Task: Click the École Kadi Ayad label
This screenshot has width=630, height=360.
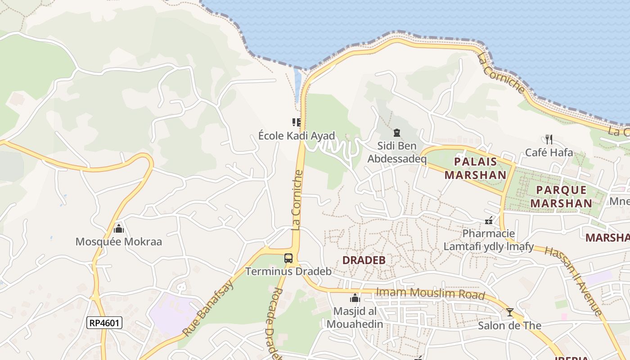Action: [297, 135]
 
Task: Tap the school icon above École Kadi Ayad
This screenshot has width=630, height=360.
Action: [296, 122]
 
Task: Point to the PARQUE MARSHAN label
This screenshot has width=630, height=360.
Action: [561, 197]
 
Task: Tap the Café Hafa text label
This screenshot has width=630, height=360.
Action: [549, 153]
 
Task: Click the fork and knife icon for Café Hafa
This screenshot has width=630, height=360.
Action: [549, 139]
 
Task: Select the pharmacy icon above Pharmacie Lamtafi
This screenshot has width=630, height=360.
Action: [489, 220]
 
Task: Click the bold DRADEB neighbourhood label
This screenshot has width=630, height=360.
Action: [364, 260]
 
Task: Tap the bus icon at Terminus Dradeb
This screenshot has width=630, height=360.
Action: [288, 258]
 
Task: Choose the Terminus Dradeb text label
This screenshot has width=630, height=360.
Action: [288, 271]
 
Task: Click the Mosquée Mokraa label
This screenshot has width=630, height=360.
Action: [118, 242]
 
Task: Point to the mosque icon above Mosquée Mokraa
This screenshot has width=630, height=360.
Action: [119, 229]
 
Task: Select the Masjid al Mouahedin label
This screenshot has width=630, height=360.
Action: [355, 317]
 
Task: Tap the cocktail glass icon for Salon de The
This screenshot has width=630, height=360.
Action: [509, 312]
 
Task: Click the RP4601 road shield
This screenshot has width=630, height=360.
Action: [104, 323]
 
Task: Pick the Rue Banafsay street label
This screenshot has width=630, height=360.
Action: [208, 308]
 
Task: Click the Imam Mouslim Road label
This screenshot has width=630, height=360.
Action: [431, 293]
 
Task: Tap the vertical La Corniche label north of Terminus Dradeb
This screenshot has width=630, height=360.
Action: [297, 200]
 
